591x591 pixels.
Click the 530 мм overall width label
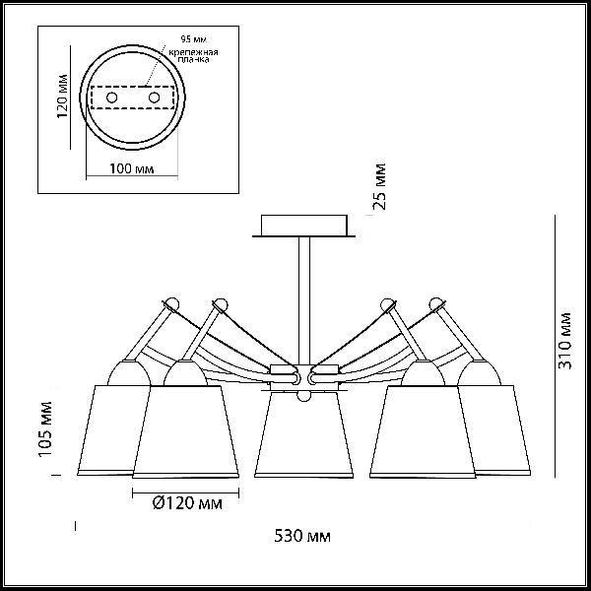pos(302,536)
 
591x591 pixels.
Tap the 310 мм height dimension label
pos(564,342)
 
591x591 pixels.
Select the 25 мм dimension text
pos(379,186)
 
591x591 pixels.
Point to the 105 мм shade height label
pos(45,429)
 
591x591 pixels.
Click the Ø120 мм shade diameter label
pos(187,502)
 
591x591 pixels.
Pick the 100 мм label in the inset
pos(132,168)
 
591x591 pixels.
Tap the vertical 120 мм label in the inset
pos(63,97)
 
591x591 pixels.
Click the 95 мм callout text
pos(194,39)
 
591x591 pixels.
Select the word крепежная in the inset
pos(193,52)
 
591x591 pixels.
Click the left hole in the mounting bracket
pos(111,98)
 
